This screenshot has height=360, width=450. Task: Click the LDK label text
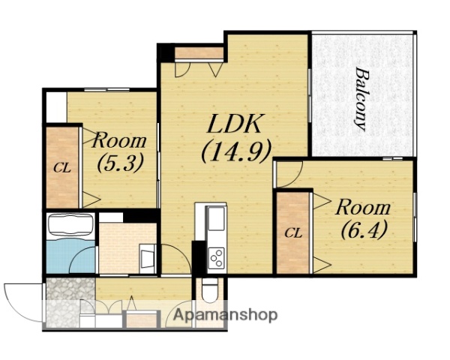click(x=235, y=124)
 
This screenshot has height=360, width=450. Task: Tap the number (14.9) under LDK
click(x=236, y=151)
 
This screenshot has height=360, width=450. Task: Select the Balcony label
click(x=360, y=99)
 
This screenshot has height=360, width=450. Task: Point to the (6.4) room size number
click(x=364, y=229)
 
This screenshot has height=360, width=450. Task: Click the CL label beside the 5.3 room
click(x=62, y=168)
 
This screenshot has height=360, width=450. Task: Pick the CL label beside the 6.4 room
click(x=293, y=233)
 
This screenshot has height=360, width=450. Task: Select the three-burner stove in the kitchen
click(x=217, y=258)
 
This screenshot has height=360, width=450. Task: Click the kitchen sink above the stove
click(x=216, y=218)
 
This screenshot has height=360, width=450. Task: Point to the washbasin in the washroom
click(x=148, y=258)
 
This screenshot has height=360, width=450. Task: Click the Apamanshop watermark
click(x=225, y=315)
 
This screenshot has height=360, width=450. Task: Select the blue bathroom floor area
click(x=70, y=256)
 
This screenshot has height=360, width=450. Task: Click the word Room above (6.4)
click(x=363, y=208)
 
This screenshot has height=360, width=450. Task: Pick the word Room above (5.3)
click(x=118, y=140)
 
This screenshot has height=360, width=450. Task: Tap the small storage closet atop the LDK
click(x=199, y=53)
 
